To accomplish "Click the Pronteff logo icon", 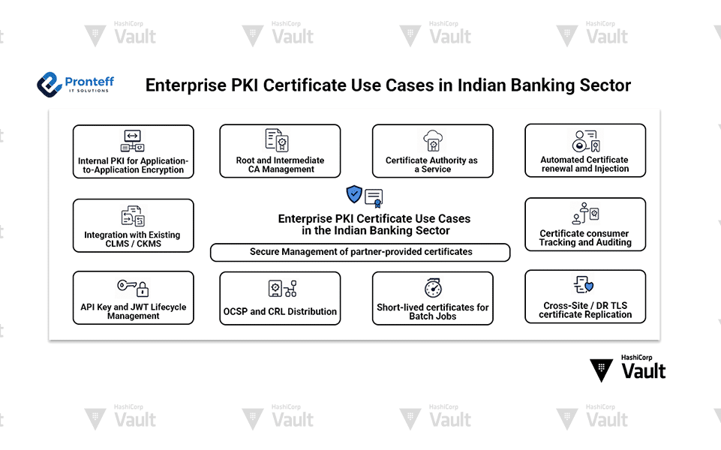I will (x=49, y=84).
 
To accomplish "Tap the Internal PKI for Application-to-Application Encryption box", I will (x=133, y=151).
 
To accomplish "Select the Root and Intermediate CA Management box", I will (x=280, y=151).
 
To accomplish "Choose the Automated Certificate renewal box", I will (x=584, y=151).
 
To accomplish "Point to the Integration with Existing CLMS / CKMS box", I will (x=133, y=225).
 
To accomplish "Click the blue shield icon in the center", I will (x=354, y=194).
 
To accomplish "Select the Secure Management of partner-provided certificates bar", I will (x=360, y=252).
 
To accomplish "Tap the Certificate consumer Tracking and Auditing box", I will (x=584, y=224).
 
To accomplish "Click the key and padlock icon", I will (x=133, y=286).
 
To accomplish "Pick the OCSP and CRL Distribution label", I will (x=280, y=311).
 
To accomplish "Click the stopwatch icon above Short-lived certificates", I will (x=432, y=288).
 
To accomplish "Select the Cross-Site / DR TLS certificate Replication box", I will (x=584, y=297).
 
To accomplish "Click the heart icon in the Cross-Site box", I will (x=589, y=286).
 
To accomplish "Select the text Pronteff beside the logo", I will (x=89, y=79).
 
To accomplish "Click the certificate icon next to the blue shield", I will (x=374, y=197).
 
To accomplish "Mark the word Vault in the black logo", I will (x=644, y=371).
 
